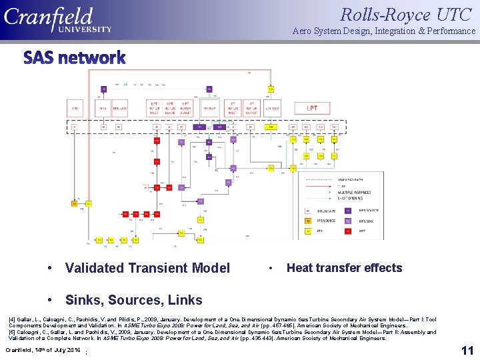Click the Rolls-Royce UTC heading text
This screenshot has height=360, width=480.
[407, 13]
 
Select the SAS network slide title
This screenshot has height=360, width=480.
[75, 58]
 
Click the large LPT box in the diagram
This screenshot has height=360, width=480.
[312, 107]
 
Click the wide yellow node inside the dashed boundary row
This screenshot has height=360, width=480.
[271, 127]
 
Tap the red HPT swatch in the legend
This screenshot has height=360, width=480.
[347, 230]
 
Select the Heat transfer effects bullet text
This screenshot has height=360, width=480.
[344, 268]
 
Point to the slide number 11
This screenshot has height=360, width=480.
[467, 350]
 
